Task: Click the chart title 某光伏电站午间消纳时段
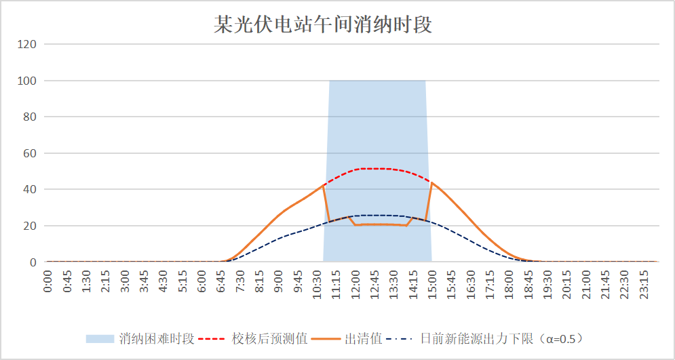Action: [323, 25]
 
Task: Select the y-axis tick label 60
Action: [30, 153]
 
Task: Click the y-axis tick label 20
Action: [30, 226]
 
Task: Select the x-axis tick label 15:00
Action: [432, 281]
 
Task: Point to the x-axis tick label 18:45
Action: [528, 281]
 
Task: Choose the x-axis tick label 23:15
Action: [644, 281]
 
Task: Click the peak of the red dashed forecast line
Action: [374, 168]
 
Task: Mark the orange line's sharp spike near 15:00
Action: [431, 183]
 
